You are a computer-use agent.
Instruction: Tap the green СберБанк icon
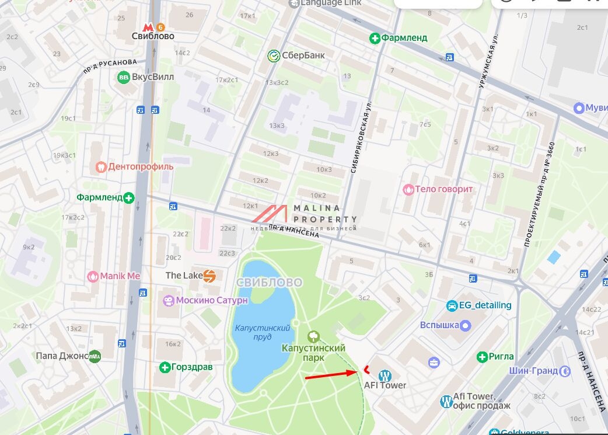(274, 55)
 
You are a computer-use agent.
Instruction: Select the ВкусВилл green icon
(124, 77)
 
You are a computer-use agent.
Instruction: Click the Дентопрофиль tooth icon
(102, 167)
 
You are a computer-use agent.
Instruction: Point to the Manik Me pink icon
(92, 276)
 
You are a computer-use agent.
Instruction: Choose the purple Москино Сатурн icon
(169, 301)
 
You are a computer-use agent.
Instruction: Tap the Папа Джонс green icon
(95, 356)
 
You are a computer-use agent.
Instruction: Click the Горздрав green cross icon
(165, 367)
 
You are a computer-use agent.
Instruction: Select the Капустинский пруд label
(262, 333)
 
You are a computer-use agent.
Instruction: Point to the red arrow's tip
(355, 371)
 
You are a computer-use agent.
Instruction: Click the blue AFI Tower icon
(385, 375)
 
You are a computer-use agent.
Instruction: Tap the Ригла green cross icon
(482, 356)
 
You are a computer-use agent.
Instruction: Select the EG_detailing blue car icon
(452, 305)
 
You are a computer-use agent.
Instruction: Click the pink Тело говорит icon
(408, 190)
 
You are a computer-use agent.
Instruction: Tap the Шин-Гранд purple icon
(564, 371)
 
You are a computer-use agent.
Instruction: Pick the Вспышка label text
(439, 325)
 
